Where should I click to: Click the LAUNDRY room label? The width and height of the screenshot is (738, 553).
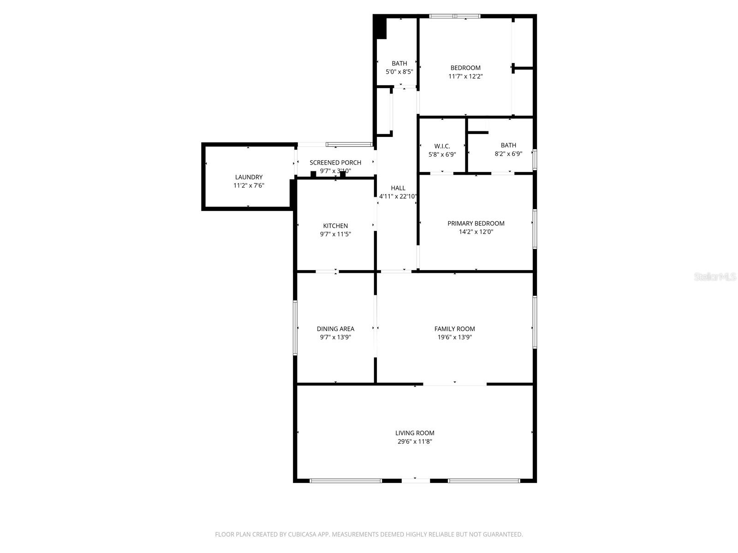point(249,177)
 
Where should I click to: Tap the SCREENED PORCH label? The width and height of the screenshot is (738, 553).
point(335,162)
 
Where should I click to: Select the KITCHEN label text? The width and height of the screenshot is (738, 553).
point(335,226)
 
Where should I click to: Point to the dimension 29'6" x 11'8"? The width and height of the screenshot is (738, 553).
point(415,441)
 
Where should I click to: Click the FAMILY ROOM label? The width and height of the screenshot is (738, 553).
point(454,329)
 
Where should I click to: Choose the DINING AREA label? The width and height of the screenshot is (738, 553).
point(335,329)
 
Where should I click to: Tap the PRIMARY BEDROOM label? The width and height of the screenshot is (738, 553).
point(476,224)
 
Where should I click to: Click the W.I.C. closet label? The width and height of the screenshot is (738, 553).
point(442,146)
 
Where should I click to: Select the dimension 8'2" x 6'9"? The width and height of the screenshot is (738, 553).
point(508,154)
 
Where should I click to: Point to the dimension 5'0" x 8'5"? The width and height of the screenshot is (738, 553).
point(399,72)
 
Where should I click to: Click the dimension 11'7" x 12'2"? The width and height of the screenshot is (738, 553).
point(465,76)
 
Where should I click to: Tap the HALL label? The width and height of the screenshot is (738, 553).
point(398,188)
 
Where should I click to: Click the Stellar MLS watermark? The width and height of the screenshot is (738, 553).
point(715,277)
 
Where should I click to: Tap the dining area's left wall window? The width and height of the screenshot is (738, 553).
point(295,328)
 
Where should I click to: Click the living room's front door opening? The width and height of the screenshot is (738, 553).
point(415,481)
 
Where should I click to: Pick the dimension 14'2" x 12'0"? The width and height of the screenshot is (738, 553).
point(476,232)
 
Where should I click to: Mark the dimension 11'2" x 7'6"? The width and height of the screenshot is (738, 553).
point(249,186)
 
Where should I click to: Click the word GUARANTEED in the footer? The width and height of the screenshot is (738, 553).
point(504,535)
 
